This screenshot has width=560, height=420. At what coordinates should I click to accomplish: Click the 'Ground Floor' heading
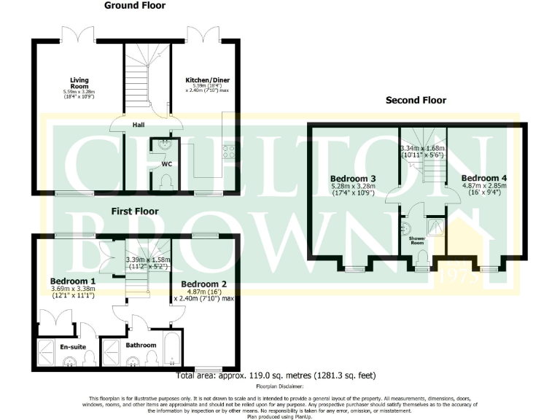135,6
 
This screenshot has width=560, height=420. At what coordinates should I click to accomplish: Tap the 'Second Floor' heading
416,101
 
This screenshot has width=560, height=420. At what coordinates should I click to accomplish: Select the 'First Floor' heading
135,211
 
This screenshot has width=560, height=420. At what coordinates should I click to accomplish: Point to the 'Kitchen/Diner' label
205,80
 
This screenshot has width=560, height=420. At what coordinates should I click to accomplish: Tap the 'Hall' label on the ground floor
139,125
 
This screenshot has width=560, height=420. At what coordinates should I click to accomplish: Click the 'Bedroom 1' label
72,281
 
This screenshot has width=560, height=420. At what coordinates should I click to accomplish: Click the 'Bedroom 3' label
353,179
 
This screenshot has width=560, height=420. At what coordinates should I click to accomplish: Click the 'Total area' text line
276,376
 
